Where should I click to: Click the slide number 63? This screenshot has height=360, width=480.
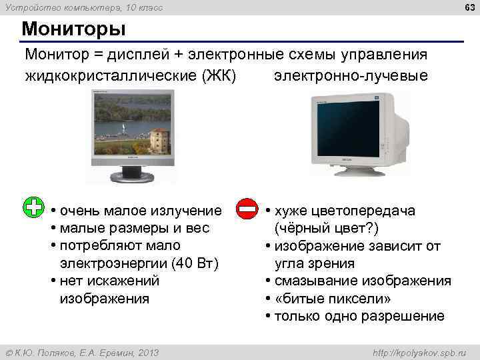[x=467, y=7]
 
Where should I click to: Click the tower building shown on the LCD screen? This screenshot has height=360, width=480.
[x=159, y=141]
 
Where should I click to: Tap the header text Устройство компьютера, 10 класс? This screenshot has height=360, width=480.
[x=83, y=7]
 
